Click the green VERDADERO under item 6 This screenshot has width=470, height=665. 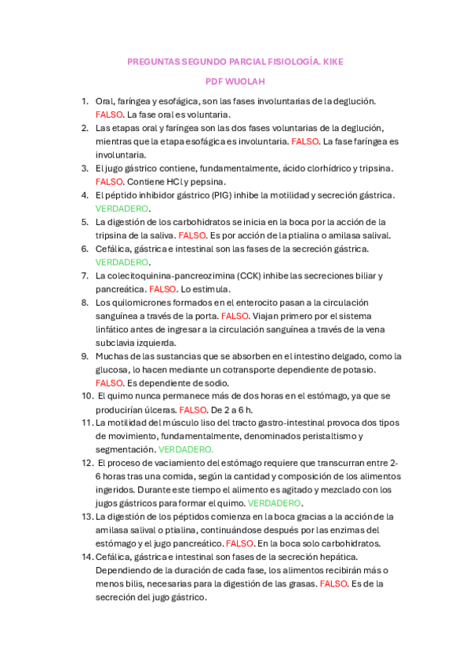pyautogui.click(x=122, y=262)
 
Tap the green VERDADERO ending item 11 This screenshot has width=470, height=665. pyautogui.click(x=185, y=450)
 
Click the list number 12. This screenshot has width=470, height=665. pyautogui.click(x=87, y=463)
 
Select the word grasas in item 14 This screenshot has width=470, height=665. pyautogui.click(x=299, y=583)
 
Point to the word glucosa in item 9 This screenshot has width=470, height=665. pyautogui.click(x=111, y=369)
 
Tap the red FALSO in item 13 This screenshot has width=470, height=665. pyautogui.click(x=239, y=543)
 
